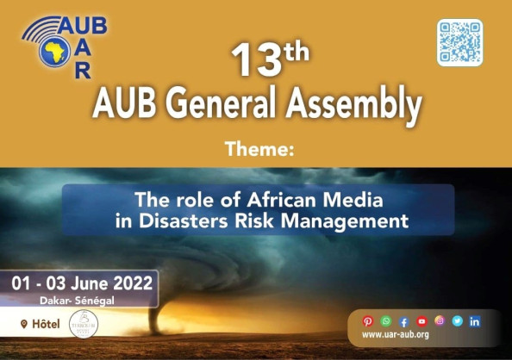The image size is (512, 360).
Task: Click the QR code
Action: point(459,42)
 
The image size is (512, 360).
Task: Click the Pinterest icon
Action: point(368,321)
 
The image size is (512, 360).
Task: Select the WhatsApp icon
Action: point(386,321)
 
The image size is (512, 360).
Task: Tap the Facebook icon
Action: point(403,321)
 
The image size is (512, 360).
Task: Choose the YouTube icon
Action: point(421,321)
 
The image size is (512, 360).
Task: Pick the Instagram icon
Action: point(440,321)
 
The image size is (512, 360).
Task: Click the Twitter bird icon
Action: point(457,321)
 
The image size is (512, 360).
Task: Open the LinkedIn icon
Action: point(475,321)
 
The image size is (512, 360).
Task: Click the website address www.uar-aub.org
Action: point(396,335)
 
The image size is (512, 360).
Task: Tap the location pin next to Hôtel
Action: point(23,324)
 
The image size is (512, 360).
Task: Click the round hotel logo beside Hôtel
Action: point(84,324)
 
